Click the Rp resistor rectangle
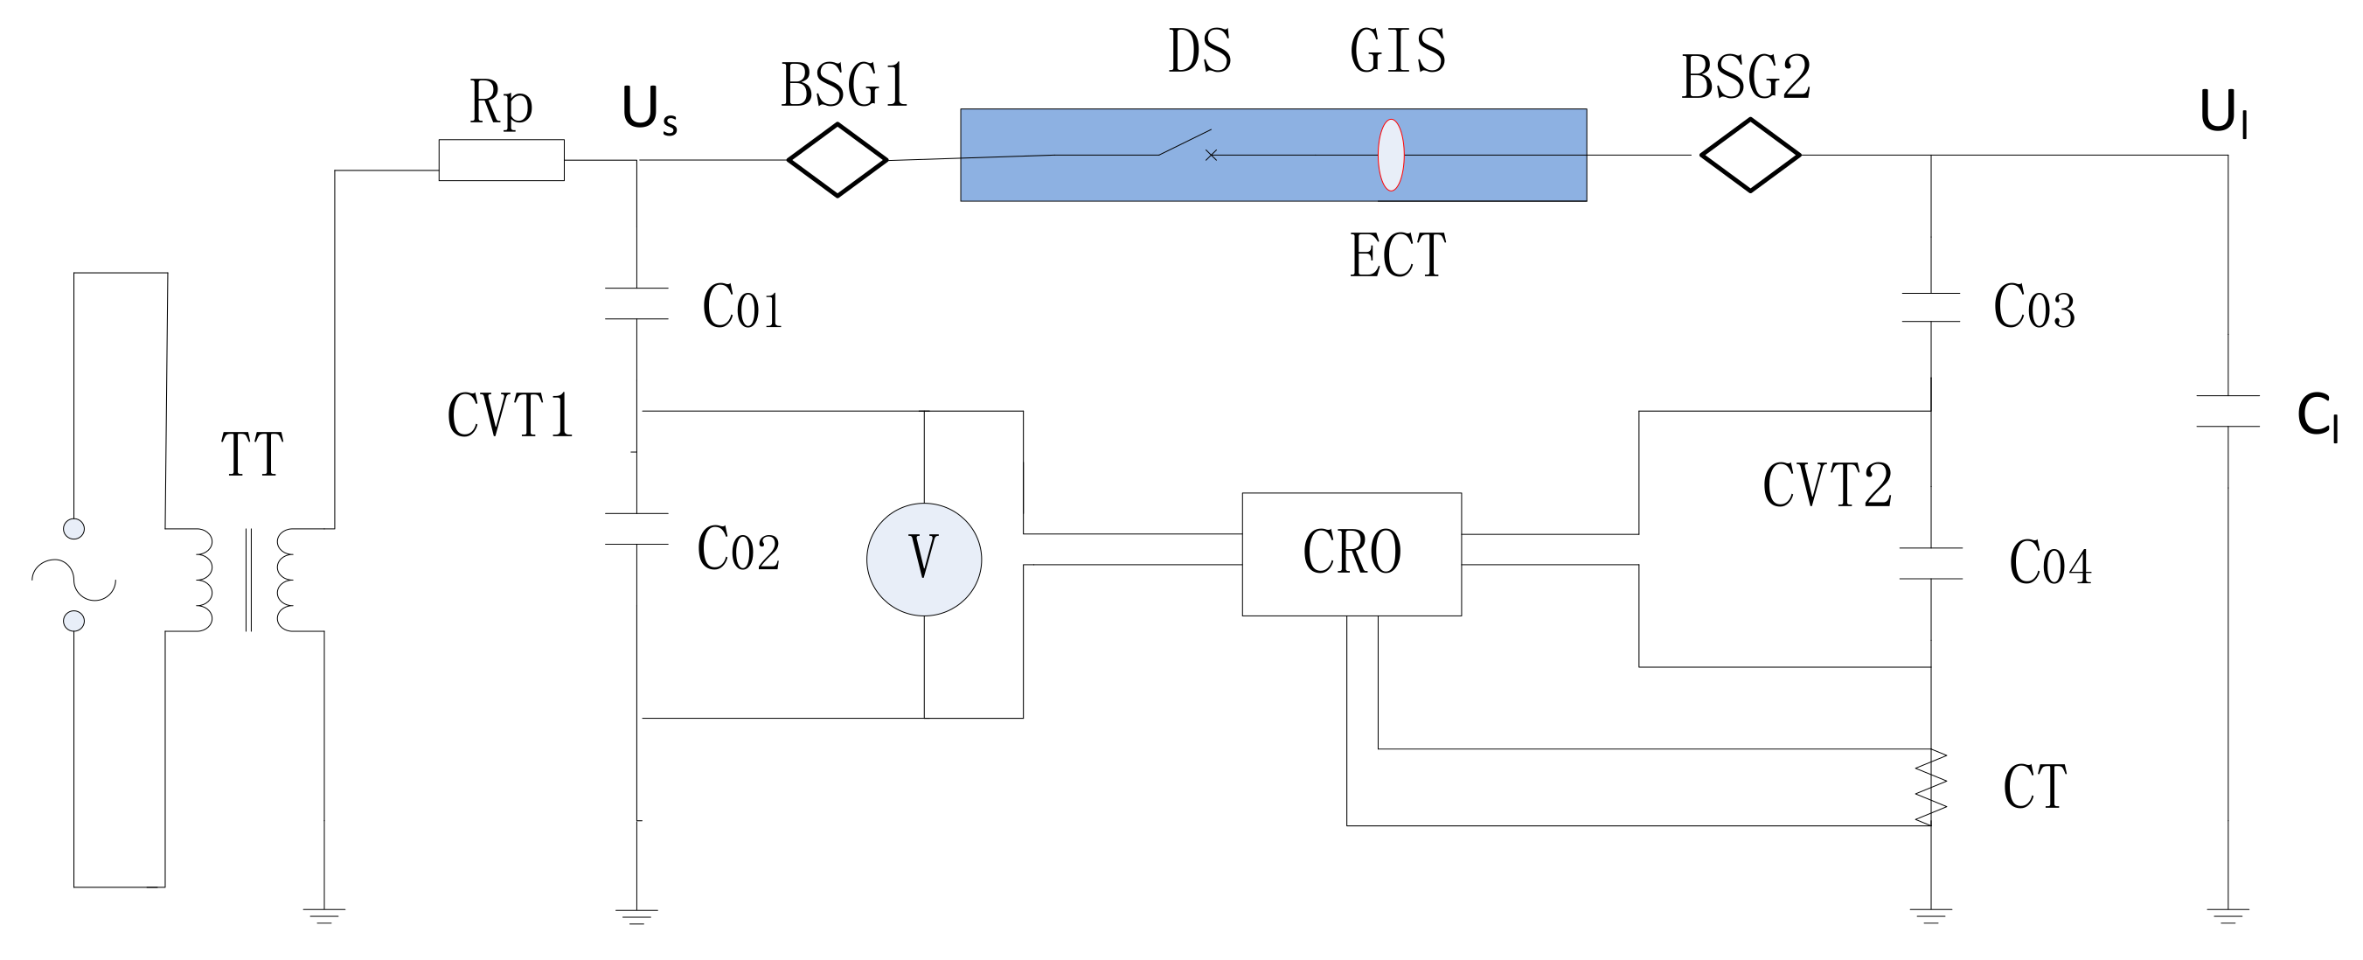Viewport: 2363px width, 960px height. pyautogui.click(x=501, y=160)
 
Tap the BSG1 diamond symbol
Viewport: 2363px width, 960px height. pyautogui.click(x=837, y=160)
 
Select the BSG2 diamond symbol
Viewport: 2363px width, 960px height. pyautogui.click(x=1749, y=155)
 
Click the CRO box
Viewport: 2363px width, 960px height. pyautogui.click(x=1352, y=554)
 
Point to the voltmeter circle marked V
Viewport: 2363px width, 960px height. pyautogui.click(x=924, y=559)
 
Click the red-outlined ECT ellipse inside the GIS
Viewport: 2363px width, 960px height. pyautogui.click(x=1391, y=155)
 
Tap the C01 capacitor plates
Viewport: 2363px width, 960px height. pyautogui.click(x=636, y=303)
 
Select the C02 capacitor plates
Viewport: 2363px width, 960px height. pyautogui.click(x=636, y=529)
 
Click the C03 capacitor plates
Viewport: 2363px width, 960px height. pyautogui.click(x=1931, y=308)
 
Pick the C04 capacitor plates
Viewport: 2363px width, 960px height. pyautogui.click(x=1931, y=564)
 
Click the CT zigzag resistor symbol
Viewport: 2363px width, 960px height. pyautogui.click(x=1931, y=786)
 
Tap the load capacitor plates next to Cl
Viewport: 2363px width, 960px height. pyautogui.click(x=2228, y=411)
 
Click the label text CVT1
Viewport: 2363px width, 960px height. pyautogui.click(x=510, y=416)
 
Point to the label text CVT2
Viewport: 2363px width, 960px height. pyautogui.click(x=1827, y=485)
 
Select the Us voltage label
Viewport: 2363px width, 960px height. pyautogui.click(x=649, y=110)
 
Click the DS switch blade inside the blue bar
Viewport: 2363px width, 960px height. pyautogui.click(x=1185, y=143)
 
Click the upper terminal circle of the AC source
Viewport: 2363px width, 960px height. pyautogui.click(x=73, y=529)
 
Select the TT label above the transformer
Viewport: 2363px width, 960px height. pyautogui.click(x=253, y=455)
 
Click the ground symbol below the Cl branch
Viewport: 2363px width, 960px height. pyautogui.click(x=2228, y=915)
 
